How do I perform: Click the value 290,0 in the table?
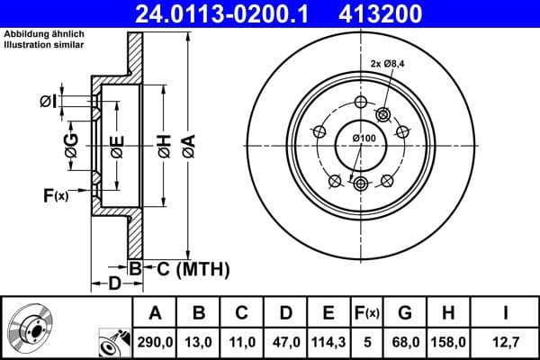tap(156, 342)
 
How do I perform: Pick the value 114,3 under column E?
tap(328, 342)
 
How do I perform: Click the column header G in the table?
tap(405, 313)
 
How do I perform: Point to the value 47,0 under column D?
tap(285, 342)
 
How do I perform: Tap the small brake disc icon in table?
tap(30, 328)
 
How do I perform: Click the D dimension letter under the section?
tap(114, 284)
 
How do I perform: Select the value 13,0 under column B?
tap(199, 342)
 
